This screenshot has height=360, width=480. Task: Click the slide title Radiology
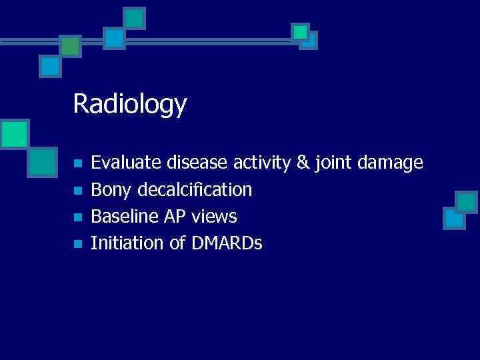[x=130, y=105]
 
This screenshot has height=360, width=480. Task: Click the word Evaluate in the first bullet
[x=119, y=162]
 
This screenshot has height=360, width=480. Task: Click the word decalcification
[x=195, y=190]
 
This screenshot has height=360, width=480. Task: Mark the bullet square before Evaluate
[x=78, y=163]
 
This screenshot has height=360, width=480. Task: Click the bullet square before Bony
[x=78, y=191]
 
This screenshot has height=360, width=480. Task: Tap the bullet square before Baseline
[x=78, y=217]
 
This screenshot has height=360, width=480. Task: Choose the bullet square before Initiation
[x=78, y=244]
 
